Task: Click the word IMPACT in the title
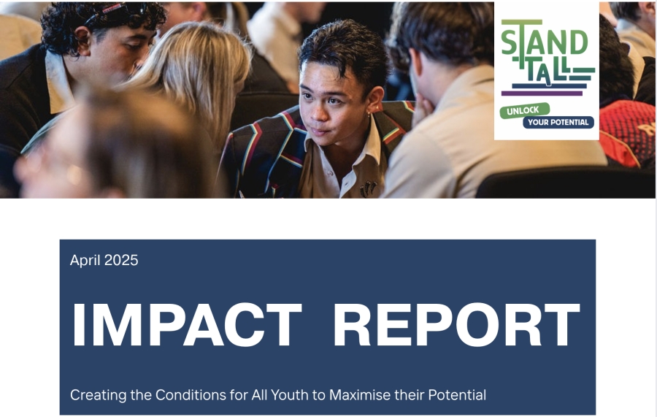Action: point(188,324)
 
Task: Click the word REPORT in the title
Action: point(457,324)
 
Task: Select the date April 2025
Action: point(104,260)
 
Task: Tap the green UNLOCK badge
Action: point(525,111)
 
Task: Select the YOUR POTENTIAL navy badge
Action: point(558,123)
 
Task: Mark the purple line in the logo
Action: point(542,93)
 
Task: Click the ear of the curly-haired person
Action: point(83,41)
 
